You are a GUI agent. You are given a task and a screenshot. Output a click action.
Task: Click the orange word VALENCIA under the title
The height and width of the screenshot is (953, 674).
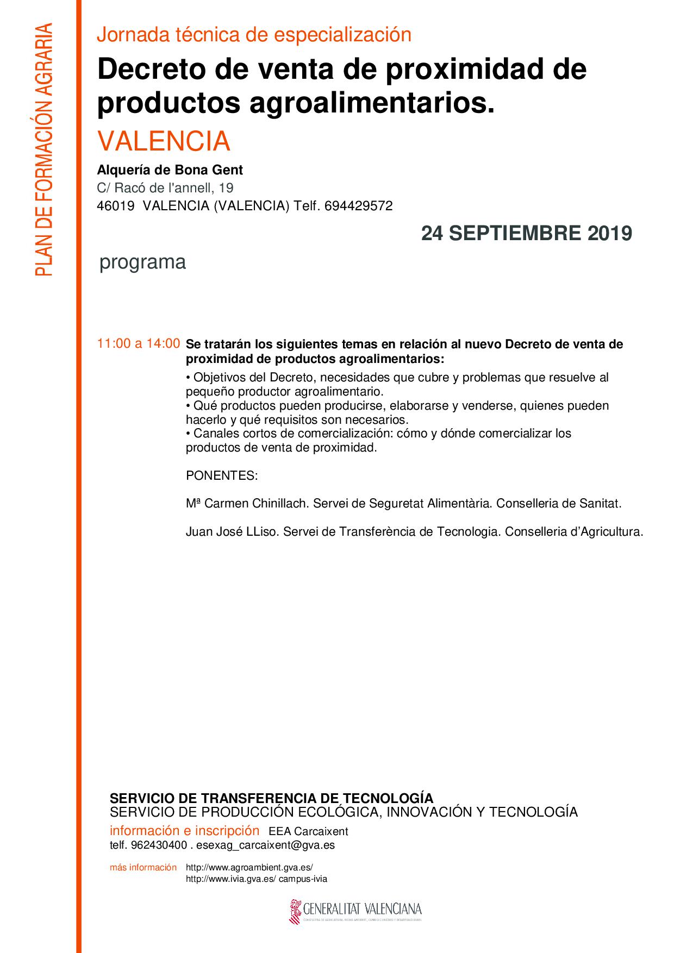coord(164,141)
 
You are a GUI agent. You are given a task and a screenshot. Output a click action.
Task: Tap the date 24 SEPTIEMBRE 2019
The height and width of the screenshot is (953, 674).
coord(526,234)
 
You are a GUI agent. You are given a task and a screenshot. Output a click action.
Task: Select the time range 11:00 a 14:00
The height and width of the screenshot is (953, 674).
coord(138,343)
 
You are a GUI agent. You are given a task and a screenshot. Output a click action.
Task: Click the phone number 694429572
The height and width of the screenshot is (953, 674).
coord(358,206)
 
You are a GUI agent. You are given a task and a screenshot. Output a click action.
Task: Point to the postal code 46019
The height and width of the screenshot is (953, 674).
coord(115,206)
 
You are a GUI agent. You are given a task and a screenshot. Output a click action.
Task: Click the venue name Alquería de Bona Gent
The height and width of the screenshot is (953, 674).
coord(170,170)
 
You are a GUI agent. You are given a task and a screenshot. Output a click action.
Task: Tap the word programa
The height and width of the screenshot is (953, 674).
coord(142,262)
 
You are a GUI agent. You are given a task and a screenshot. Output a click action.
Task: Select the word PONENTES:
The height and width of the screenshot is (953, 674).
coord(221,475)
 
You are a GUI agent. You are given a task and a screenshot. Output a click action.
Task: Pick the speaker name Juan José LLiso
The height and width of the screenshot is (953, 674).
coord(232,531)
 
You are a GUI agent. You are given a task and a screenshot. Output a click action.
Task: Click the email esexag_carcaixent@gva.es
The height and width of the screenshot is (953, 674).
coord(265,845)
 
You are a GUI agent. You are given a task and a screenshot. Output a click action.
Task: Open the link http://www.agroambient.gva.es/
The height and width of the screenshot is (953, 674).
coord(249,868)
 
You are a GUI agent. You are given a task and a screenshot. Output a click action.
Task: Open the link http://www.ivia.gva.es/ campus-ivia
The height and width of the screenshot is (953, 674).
coord(257,879)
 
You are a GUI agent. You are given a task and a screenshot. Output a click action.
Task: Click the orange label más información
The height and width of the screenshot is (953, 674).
coord(143,868)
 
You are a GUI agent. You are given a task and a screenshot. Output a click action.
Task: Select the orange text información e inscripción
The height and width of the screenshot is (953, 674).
coord(184,831)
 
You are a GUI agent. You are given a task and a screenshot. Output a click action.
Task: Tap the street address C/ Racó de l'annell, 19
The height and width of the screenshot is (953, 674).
coord(165,188)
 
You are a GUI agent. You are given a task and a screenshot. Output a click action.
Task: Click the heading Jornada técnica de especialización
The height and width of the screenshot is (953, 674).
coord(254,35)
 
